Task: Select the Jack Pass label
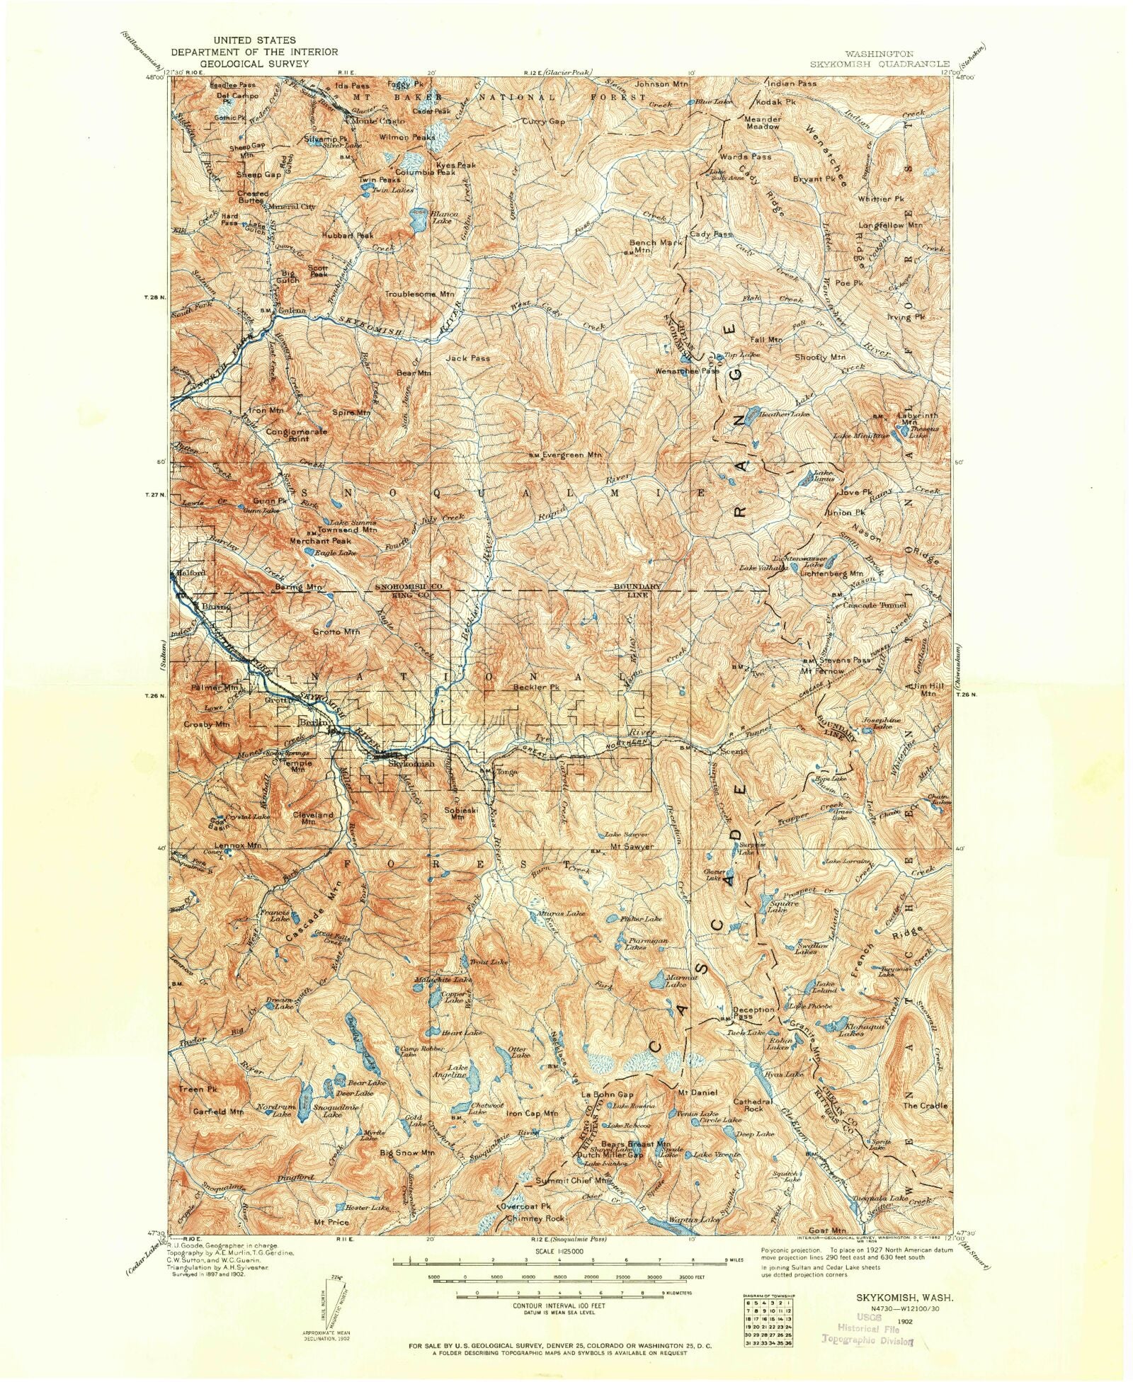[x=467, y=358]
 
